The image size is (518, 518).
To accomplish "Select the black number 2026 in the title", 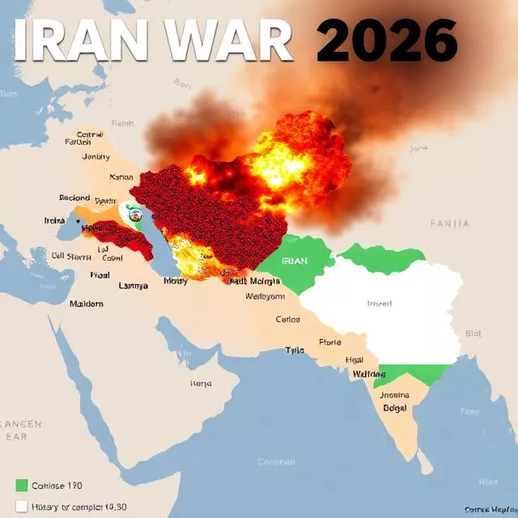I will click(x=387, y=39).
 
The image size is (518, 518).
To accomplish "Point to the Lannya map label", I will click(x=134, y=285).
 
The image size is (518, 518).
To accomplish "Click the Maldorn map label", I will click(x=87, y=304).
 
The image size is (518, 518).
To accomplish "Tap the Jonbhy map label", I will click(x=96, y=157).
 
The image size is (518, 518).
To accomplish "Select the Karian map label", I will click(x=121, y=176).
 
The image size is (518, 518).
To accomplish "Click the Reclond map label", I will click(x=74, y=197).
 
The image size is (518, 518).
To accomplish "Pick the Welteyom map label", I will click(x=265, y=296).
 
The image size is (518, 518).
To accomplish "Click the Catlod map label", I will click(x=287, y=319).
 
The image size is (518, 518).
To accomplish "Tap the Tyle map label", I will click(x=294, y=350).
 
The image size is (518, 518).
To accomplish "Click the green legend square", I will click(x=22, y=486).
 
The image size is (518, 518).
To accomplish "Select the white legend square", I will click(x=22, y=507).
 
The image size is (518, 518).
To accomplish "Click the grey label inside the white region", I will click(x=379, y=304).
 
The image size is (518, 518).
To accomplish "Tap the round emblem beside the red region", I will click(x=135, y=214).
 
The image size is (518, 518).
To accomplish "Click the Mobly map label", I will click(x=175, y=282).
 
